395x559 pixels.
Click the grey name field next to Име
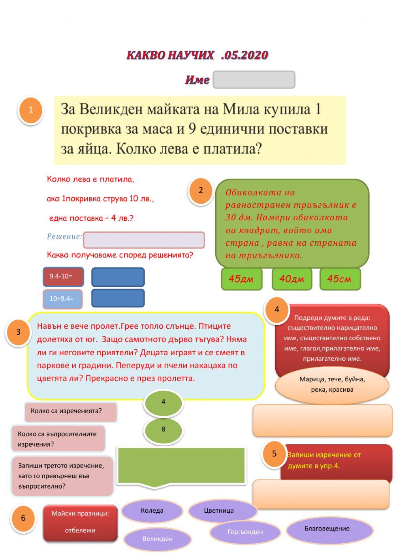[254, 80]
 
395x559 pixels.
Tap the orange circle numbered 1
[30, 110]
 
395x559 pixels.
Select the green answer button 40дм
[292, 279]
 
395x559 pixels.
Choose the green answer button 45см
[340, 279]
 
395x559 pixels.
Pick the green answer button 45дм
[241, 279]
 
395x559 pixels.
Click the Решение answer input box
[144, 240]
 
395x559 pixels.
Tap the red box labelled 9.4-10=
[63, 277]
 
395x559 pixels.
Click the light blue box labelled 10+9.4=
[62, 299]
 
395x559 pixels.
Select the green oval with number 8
[163, 430]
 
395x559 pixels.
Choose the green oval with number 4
[163, 402]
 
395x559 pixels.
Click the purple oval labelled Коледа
[152, 511]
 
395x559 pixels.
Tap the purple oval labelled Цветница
[219, 511]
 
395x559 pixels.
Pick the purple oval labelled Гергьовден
[245, 532]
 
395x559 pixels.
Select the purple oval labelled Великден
[157, 539]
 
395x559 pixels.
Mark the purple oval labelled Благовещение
[327, 529]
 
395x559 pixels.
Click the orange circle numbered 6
[23, 518]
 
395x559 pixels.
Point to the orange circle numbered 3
[18, 332]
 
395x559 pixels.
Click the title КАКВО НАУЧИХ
[170, 55]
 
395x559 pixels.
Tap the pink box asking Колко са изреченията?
[71, 411]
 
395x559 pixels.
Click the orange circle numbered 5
[275, 454]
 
